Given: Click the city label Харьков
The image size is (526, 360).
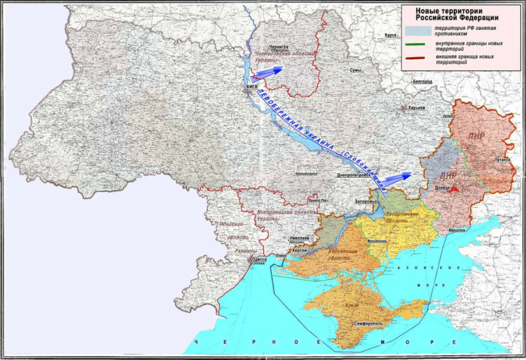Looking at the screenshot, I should click(416, 107).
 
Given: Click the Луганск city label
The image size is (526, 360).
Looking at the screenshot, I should click(502, 161).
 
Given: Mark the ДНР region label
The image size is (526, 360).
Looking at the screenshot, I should click(449, 176).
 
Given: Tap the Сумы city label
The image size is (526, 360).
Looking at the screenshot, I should click(355, 70).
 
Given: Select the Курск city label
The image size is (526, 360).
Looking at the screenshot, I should click(390, 35).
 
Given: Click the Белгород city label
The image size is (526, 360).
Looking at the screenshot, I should click(423, 81).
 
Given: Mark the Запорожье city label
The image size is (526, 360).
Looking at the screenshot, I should click(366, 201).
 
